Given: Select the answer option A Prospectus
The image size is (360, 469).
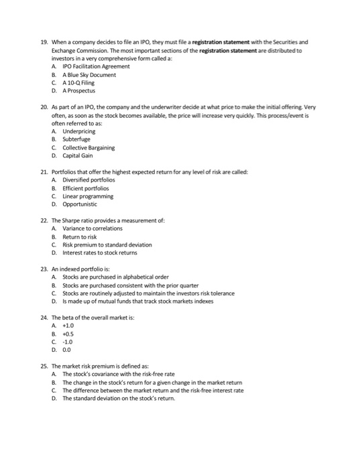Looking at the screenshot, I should click(79, 90).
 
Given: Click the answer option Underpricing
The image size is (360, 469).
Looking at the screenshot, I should click(79, 132).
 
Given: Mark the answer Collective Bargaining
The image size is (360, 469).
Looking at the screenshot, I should click(88, 148).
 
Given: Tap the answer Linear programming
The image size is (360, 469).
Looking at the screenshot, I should click(88, 197).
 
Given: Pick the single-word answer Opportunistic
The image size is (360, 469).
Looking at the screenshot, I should click(82, 205).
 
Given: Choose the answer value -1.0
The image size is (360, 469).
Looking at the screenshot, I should click(68, 341).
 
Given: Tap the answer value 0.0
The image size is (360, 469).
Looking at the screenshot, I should click(68, 349).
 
